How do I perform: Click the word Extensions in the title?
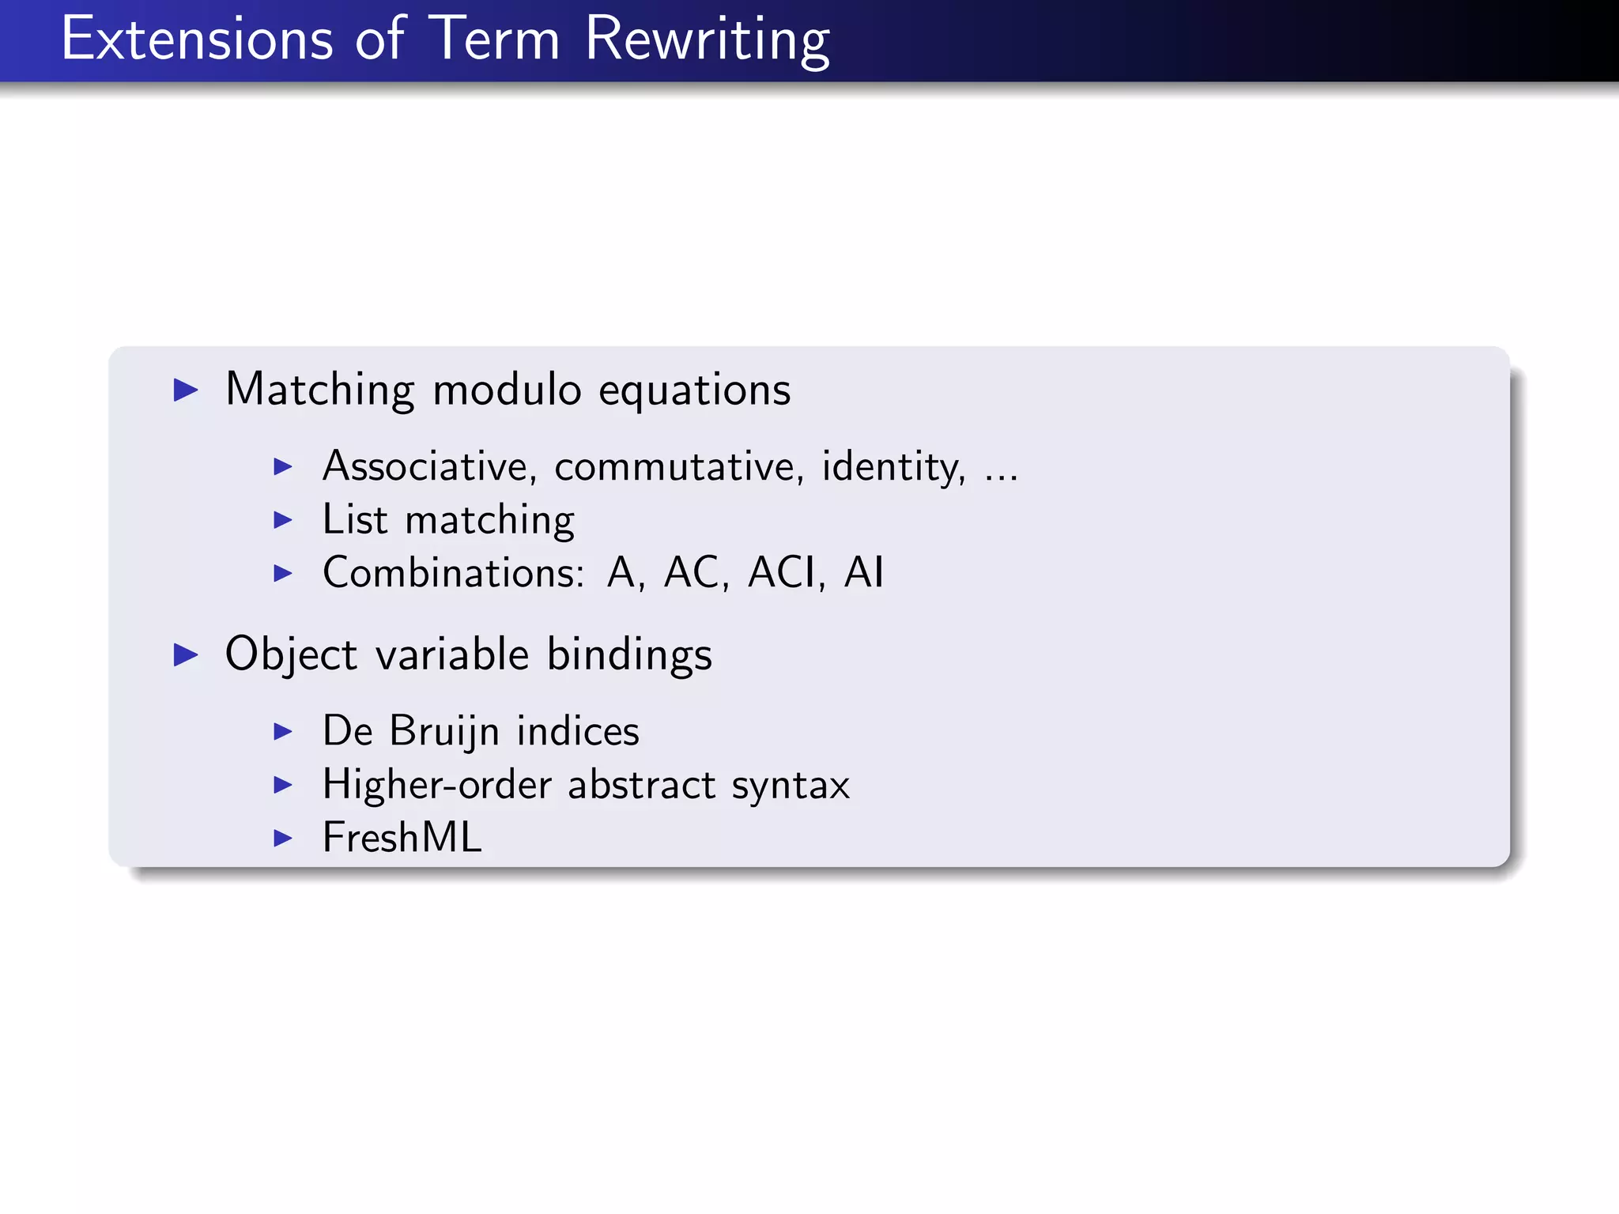tap(197, 39)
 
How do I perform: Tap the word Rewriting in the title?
tap(707, 39)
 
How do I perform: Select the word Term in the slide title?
tap(494, 39)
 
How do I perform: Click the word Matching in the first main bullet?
tap(319, 390)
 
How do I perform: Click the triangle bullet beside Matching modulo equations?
tap(186, 390)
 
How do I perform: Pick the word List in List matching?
tap(355, 520)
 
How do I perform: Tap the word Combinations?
tap(453, 572)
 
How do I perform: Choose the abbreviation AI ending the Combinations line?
tap(863, 572)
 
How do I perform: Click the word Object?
tap(291, 655)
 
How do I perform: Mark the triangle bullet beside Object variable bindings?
tap(186, 654)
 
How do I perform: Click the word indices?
tap(577, 731)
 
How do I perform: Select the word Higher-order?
tap(436, 785)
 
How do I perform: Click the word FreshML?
tap(402, 838)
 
